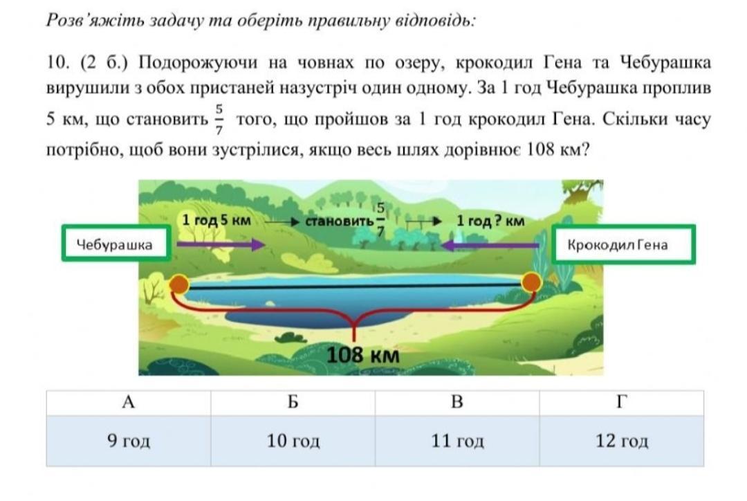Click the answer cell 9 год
point(129,441)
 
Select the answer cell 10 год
point(293,441)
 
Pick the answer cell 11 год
point(457,441)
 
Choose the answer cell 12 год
point(622,441)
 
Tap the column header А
point(129,403)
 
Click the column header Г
point(622,403)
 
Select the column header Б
point(293,403)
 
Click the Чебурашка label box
point(116,244)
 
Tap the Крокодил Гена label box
point(623,244)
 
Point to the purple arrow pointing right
point(221,244)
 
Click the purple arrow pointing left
point(490,246)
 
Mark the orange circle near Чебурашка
point(179,284)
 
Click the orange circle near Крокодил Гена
point(531,282)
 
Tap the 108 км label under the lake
point(363,355)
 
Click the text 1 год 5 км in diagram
point(216,221)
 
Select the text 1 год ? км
point(490,221)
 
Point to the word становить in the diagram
point(339,221)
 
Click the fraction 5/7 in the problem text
point(219,119)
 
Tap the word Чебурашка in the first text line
point(665,62)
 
